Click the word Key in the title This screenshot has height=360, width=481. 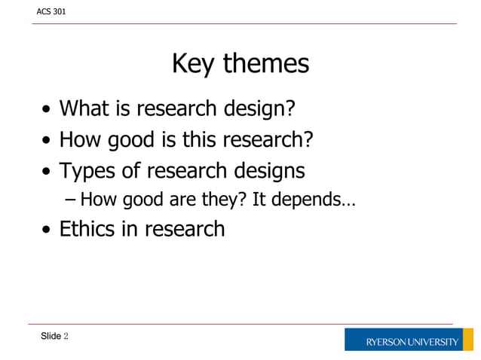tap(191, 64)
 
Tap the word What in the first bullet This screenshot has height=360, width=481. tap(85, 109)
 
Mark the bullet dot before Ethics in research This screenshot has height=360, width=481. tap(47, 230)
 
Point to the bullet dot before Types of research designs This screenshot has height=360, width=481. tap(47, 172)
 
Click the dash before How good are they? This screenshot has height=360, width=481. tap(71, 201)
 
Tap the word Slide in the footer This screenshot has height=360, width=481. tap(51, 336)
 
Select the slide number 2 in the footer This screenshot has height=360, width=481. tap(66, 336)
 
